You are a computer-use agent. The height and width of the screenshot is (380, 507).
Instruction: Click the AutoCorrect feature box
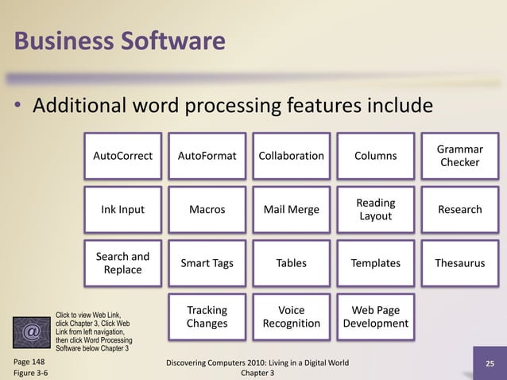[x=123, y=156]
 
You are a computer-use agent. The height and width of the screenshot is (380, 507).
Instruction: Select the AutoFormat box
[x=207, y=156]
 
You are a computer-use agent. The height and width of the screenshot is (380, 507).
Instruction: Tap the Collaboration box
[x=292, y=156]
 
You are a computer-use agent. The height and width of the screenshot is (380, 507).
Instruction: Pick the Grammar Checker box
[x=460, y=156]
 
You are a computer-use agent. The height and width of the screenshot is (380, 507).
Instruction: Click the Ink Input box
[x=123, y=210]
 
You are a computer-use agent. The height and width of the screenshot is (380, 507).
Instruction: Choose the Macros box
[x=207, y=210]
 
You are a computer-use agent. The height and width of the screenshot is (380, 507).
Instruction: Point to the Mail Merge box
[x=292, y=210]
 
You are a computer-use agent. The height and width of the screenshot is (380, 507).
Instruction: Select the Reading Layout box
[x=376, y=210]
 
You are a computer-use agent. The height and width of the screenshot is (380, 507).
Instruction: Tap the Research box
[x=460, y=210]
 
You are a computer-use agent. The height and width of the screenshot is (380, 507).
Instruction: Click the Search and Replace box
[x=123, y=263]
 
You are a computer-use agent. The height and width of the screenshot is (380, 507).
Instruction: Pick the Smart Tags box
[x=207, y=263]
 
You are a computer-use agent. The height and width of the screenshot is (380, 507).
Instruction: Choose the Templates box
[x=376, y=263]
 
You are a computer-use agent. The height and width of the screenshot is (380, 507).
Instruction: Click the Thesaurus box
[x=460, y=263]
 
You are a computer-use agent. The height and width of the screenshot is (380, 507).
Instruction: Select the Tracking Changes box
[x=207, y=316]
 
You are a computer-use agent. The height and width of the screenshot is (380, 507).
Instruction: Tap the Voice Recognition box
[x=292, y=316]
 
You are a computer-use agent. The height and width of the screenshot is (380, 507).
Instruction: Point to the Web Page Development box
[x=376, y=316]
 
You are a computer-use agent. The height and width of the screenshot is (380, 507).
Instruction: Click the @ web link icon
[x=31, y=332]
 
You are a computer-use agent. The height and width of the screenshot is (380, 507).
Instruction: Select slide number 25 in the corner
[x=490, y=365]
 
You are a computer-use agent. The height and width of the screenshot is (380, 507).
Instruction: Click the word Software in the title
[x=171, y=40]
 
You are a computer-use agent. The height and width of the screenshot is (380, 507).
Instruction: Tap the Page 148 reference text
[x=29, y=362]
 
